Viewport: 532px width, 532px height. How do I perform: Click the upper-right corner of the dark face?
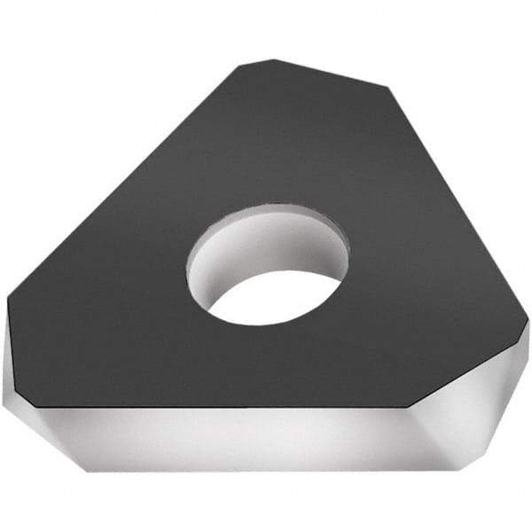point(387,87)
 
